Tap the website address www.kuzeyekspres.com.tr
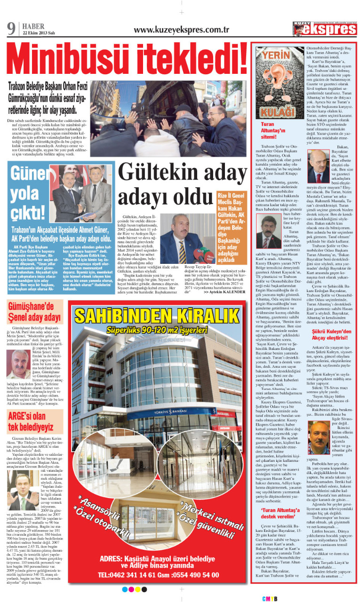[x=181, y=29]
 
